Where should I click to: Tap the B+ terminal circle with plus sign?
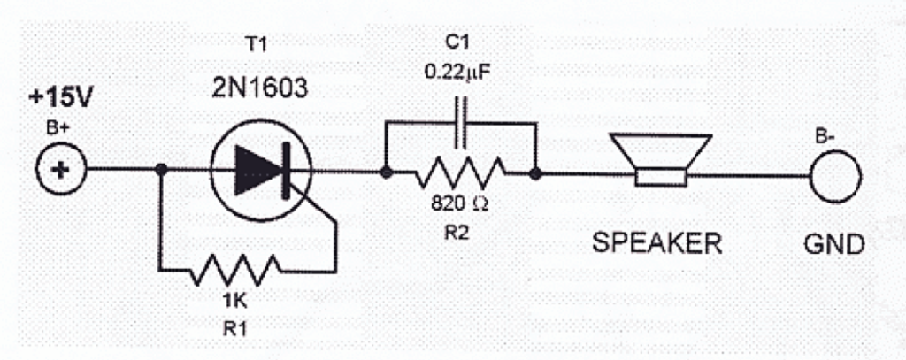(60, 170)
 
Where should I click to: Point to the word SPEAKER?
(656, 242)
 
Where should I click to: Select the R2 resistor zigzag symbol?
(460, 172)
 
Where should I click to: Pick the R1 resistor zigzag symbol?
(235, 268)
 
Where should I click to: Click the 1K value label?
(235, 299)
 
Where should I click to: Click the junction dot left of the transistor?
(160, 171)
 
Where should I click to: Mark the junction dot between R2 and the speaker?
(535, 173)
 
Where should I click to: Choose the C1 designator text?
(459, 43)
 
